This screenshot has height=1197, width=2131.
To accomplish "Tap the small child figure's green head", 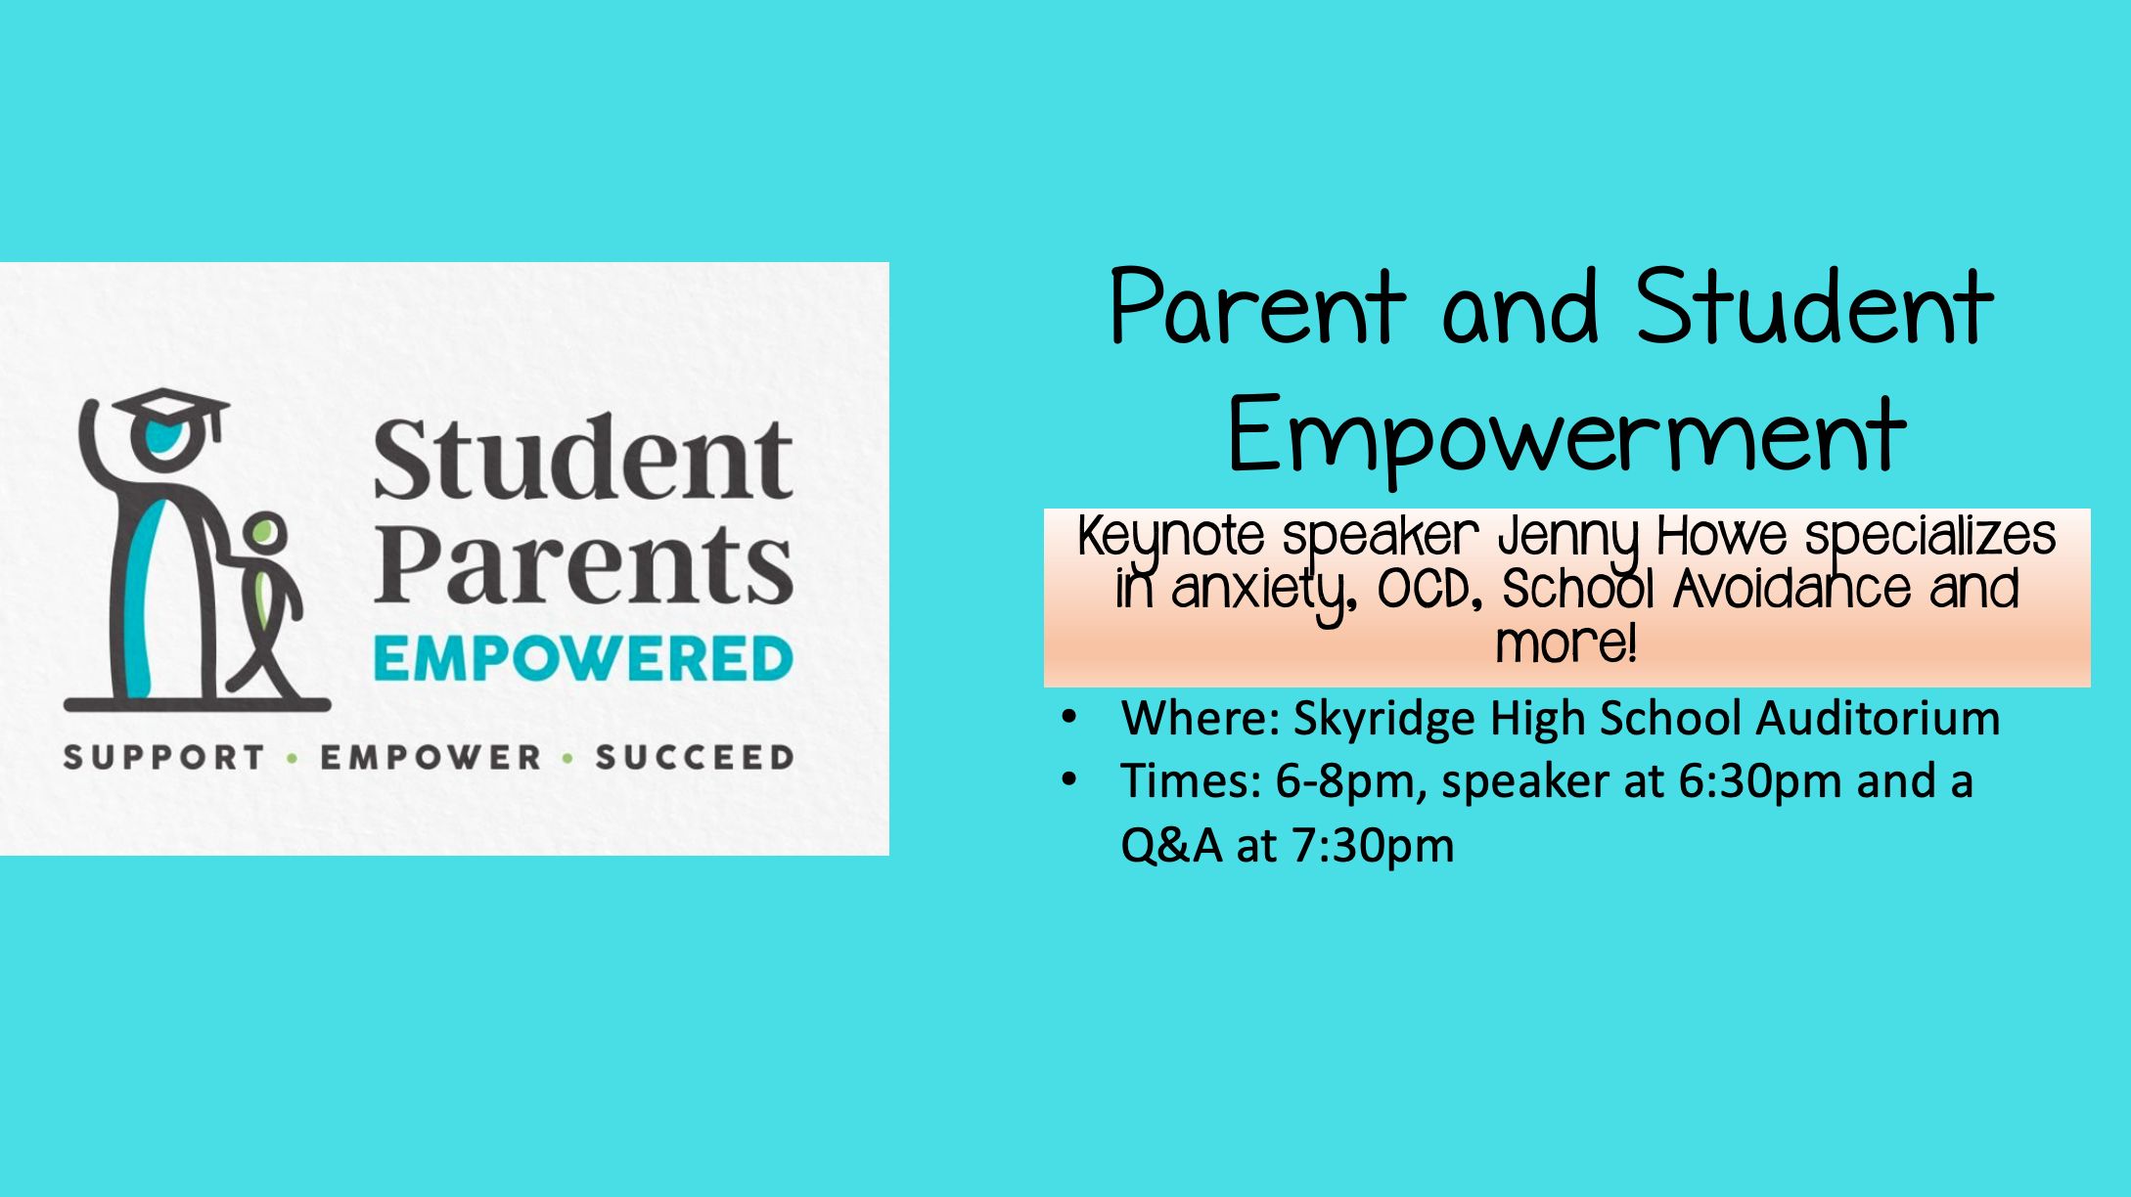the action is [264, 533].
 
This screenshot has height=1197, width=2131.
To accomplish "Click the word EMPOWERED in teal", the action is [583, 658].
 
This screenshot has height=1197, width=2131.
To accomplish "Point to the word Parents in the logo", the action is [583, 566].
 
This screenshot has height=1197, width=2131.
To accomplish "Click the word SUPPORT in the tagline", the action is [164, 757].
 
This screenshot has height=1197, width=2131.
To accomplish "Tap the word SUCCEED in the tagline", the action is [695, 757].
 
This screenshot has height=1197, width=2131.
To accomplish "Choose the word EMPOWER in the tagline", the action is [431, 757].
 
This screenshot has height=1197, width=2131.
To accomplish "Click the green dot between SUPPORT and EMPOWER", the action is [293, 758].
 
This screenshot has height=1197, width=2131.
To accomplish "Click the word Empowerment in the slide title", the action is [1566, 436].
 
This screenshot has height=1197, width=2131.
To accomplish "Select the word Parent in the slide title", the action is [1257, 308].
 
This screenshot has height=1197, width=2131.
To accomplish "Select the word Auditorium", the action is [1878, 718].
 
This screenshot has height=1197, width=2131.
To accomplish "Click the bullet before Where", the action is [1069, 717].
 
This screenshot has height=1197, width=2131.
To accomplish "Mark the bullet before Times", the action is [1069, 779].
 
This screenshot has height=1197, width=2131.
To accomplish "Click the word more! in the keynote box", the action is [1566, 643].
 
